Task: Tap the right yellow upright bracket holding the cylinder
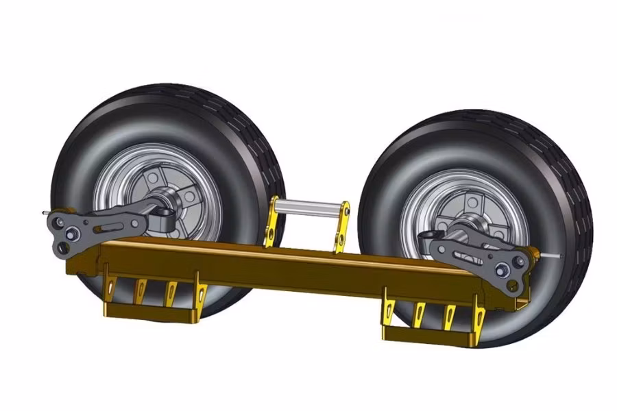coord(341,226)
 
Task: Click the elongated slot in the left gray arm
coord(110,225)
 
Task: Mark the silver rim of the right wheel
coord(507,206)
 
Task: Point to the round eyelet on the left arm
coord(165,218)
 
